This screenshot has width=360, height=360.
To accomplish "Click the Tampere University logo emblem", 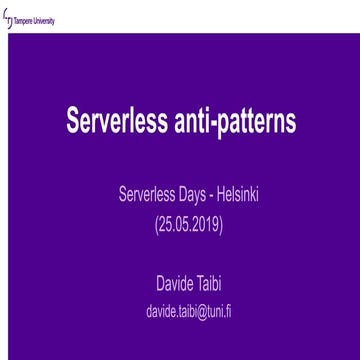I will click(x=9, y=19).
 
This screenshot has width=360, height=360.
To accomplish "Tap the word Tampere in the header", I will click(x=27, y=20).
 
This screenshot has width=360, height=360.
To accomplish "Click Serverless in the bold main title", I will click(x=110, y=121).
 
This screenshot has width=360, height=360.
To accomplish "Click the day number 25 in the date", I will click(x=166, y=223).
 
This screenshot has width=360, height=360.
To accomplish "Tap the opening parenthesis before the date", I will click(x=157, y=223).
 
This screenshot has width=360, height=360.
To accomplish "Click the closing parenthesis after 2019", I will click(x=220, y=223).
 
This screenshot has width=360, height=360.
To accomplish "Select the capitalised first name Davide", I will click(x=166, y=286).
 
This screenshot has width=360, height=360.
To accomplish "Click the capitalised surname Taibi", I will click(x=206, y=286).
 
